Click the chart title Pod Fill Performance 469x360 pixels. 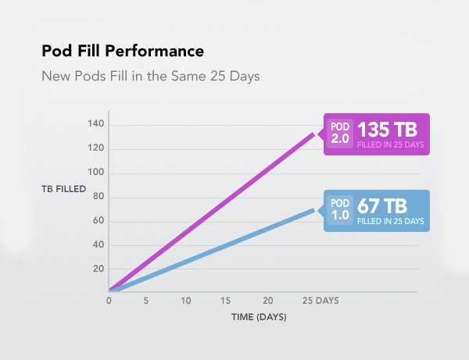click(123, 51)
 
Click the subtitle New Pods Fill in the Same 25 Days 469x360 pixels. click(151, 77)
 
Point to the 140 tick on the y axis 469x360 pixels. click(95, 123)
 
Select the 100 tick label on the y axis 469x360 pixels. click(95, 172)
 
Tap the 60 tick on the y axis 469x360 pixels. click(98, 220)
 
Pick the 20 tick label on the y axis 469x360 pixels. click(98, 269)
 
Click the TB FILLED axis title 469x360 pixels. click(64, 189)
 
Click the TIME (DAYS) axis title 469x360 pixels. click(259, 317)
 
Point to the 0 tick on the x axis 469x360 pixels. click(109, 301)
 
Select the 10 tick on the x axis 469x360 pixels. click(186, 301)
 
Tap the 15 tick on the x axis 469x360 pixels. click(226, 301)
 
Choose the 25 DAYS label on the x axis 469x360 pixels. click(320, 301)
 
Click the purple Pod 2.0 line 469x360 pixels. click(212, 212)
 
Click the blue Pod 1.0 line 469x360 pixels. click(212, 251)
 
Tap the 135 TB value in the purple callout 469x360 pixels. click(387, 130)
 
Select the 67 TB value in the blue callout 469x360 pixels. click(382, 206)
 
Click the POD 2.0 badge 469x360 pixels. click(340, 134)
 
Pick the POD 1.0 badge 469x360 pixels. click(340, 210)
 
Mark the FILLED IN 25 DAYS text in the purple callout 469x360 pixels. click(391, 145)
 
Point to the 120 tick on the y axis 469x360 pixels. click(95, 148)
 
